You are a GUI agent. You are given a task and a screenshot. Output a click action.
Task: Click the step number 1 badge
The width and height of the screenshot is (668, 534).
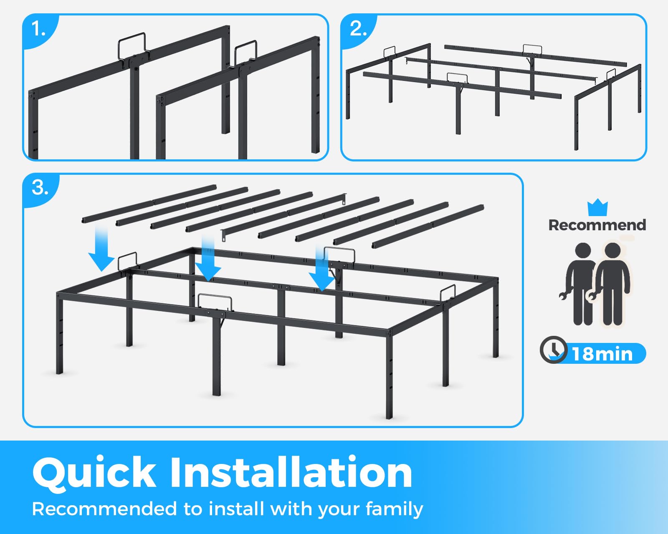(x=38, y=29)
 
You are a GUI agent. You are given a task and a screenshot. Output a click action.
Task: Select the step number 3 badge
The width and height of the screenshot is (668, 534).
(x=40, y=188)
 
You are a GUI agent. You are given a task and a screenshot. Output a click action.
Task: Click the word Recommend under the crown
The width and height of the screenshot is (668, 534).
(x=597, y=225)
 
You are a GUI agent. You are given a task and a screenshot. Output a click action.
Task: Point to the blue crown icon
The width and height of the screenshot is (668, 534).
(x=597, y=207)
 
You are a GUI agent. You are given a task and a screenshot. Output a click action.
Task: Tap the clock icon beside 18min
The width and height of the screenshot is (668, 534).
(x=553, y=350)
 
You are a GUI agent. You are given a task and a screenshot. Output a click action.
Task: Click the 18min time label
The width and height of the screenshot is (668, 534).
(x=602, y=354)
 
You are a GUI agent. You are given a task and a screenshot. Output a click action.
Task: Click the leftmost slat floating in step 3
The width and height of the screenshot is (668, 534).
(x=149, y=203)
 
